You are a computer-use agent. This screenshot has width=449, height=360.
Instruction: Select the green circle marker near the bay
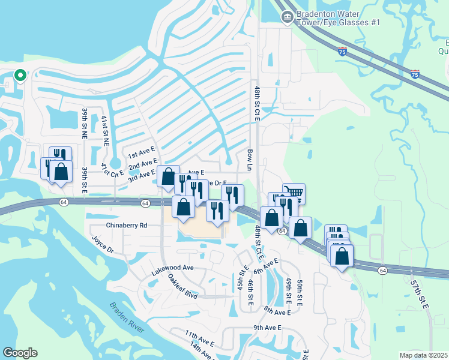tap(20, 76)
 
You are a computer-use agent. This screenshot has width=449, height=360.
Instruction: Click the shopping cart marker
tap(294, 193)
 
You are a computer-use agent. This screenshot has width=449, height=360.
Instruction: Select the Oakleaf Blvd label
tap(182, 287)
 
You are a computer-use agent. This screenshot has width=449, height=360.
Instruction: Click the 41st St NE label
tap(106, 131)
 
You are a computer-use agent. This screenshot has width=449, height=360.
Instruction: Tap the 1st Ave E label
tap(141, 155)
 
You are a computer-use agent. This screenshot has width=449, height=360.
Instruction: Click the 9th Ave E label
tap(268, 328)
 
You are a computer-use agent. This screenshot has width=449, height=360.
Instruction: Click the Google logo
tap(20, 353)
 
